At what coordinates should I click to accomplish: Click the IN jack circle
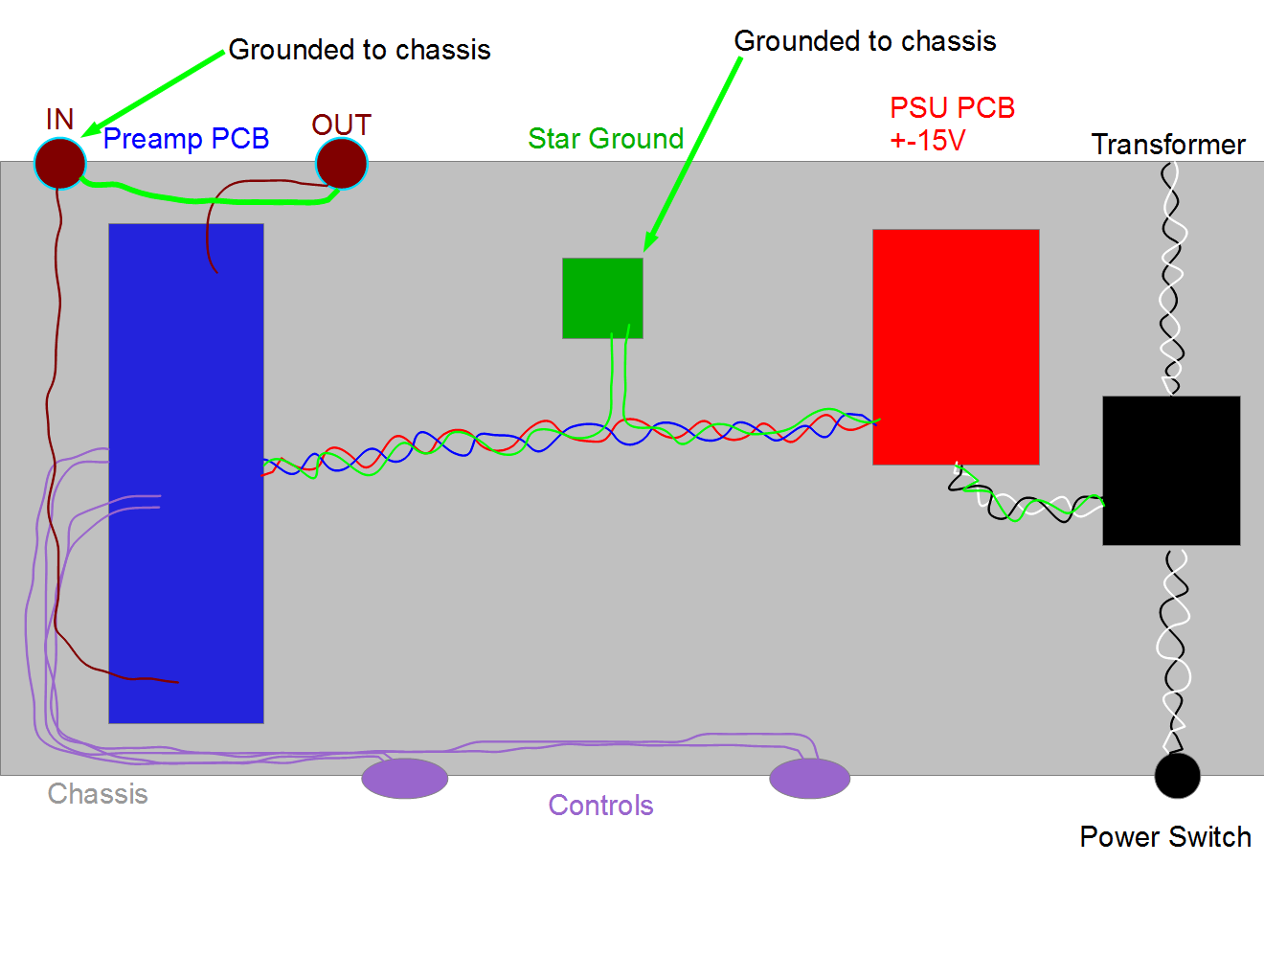coord(60,163)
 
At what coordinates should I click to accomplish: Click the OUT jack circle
coord(342,164)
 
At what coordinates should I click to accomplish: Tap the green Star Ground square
coord(602,298)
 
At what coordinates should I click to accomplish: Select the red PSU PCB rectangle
coord(956,347)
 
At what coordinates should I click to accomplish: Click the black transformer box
coord(1171,470)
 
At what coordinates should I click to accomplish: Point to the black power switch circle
coord(1177,776)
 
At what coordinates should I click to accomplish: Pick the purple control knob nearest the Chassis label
coord(405,778)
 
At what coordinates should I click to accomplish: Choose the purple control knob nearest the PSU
coord(810,778)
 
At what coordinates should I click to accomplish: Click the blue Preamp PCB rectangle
coord(186,473)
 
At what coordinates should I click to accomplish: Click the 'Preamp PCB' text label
coord(186,139)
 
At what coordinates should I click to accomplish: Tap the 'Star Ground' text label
coord(605,139)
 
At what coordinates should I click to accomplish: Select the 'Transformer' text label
coord(1168,145)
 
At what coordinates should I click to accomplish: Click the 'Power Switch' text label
coord(1165,837)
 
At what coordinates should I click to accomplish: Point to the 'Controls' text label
coord(601,806)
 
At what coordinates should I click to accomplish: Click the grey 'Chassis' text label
coord(98,794)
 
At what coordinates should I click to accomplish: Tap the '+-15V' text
coord(928,140)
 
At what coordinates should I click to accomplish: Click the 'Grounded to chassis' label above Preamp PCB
coord(359,50)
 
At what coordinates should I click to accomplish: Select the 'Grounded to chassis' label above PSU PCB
coord(865,41)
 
